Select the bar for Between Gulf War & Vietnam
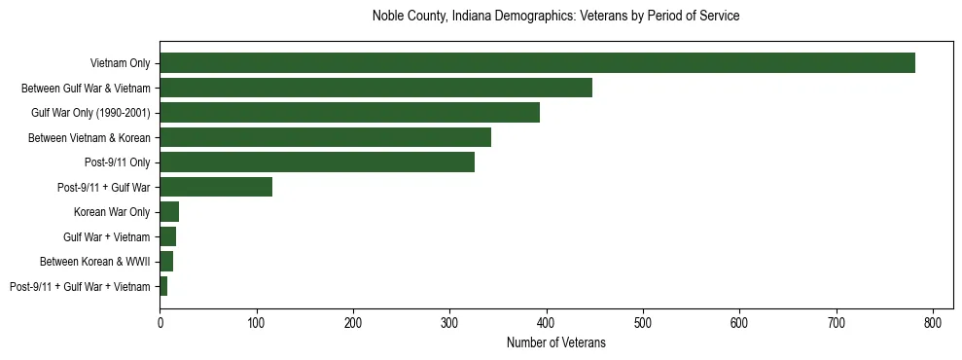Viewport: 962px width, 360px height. point(375,88)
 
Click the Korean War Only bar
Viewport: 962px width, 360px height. point(169,211)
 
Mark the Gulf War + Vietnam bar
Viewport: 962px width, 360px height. point(167,236)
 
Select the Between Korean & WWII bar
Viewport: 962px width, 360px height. point(166,261)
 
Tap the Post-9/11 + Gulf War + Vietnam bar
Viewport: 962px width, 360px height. point(163,286)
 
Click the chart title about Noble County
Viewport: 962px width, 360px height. point(555,17)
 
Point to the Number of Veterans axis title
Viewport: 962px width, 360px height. point(555,342)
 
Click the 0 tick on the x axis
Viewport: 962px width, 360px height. point(160,322)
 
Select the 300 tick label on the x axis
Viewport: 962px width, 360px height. point(449,322)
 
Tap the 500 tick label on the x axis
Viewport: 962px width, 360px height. point(643,322)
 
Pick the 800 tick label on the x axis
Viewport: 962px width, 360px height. point(933,322)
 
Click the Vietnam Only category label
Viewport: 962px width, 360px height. point(120,63)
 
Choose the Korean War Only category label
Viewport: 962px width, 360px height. point(112,212)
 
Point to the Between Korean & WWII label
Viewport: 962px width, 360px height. point(94,262)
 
